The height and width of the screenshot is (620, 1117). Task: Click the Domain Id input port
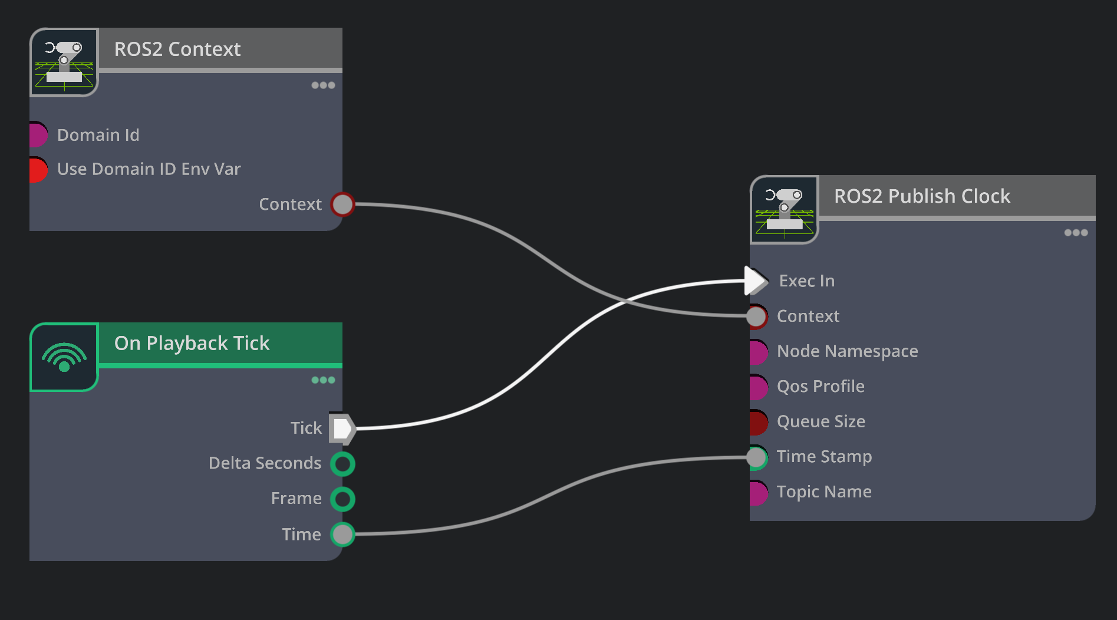pos(38,134)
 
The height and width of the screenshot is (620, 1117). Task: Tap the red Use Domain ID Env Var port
pos(38,170)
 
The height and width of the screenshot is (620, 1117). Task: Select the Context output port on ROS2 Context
pos(342,205)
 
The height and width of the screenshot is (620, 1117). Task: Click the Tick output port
pos(342,428)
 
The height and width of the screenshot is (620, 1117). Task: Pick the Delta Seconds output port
pos(342,464)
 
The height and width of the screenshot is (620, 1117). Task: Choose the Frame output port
pos(342,499)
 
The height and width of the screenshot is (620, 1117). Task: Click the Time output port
pos(342,535)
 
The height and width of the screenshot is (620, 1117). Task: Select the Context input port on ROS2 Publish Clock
pos(757,316)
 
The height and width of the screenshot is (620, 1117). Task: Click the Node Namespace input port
pos(759,352)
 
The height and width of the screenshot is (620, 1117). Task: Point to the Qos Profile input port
pos(759,387)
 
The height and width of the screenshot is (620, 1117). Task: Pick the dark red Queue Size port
pos(759,422)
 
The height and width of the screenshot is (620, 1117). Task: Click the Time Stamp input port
pos(757,457)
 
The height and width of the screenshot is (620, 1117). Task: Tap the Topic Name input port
pos(759,493)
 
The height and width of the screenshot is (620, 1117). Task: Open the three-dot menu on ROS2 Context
pos(323,85)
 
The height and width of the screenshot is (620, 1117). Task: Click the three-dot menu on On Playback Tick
pos(323,380)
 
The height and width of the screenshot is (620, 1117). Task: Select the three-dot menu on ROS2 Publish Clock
pos(1076,233)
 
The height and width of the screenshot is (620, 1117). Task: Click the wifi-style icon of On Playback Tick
pos(64,357)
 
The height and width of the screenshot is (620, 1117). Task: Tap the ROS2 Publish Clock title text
pos(922,196)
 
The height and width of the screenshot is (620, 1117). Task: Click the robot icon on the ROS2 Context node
pos(64,62)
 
